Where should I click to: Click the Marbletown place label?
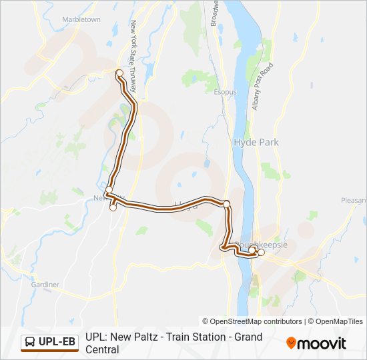point(81,19)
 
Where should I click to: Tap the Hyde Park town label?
point(256,142)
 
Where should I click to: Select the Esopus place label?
point(226,91)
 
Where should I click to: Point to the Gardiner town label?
point(45,285)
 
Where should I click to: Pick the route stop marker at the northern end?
point(119,73)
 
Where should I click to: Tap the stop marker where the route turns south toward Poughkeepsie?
point(227,203)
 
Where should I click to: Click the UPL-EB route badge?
point(50,343)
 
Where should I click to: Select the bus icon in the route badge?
point(31,343)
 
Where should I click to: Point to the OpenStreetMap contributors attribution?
point(252,321)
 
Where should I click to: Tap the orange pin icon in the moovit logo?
point(290,343)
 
